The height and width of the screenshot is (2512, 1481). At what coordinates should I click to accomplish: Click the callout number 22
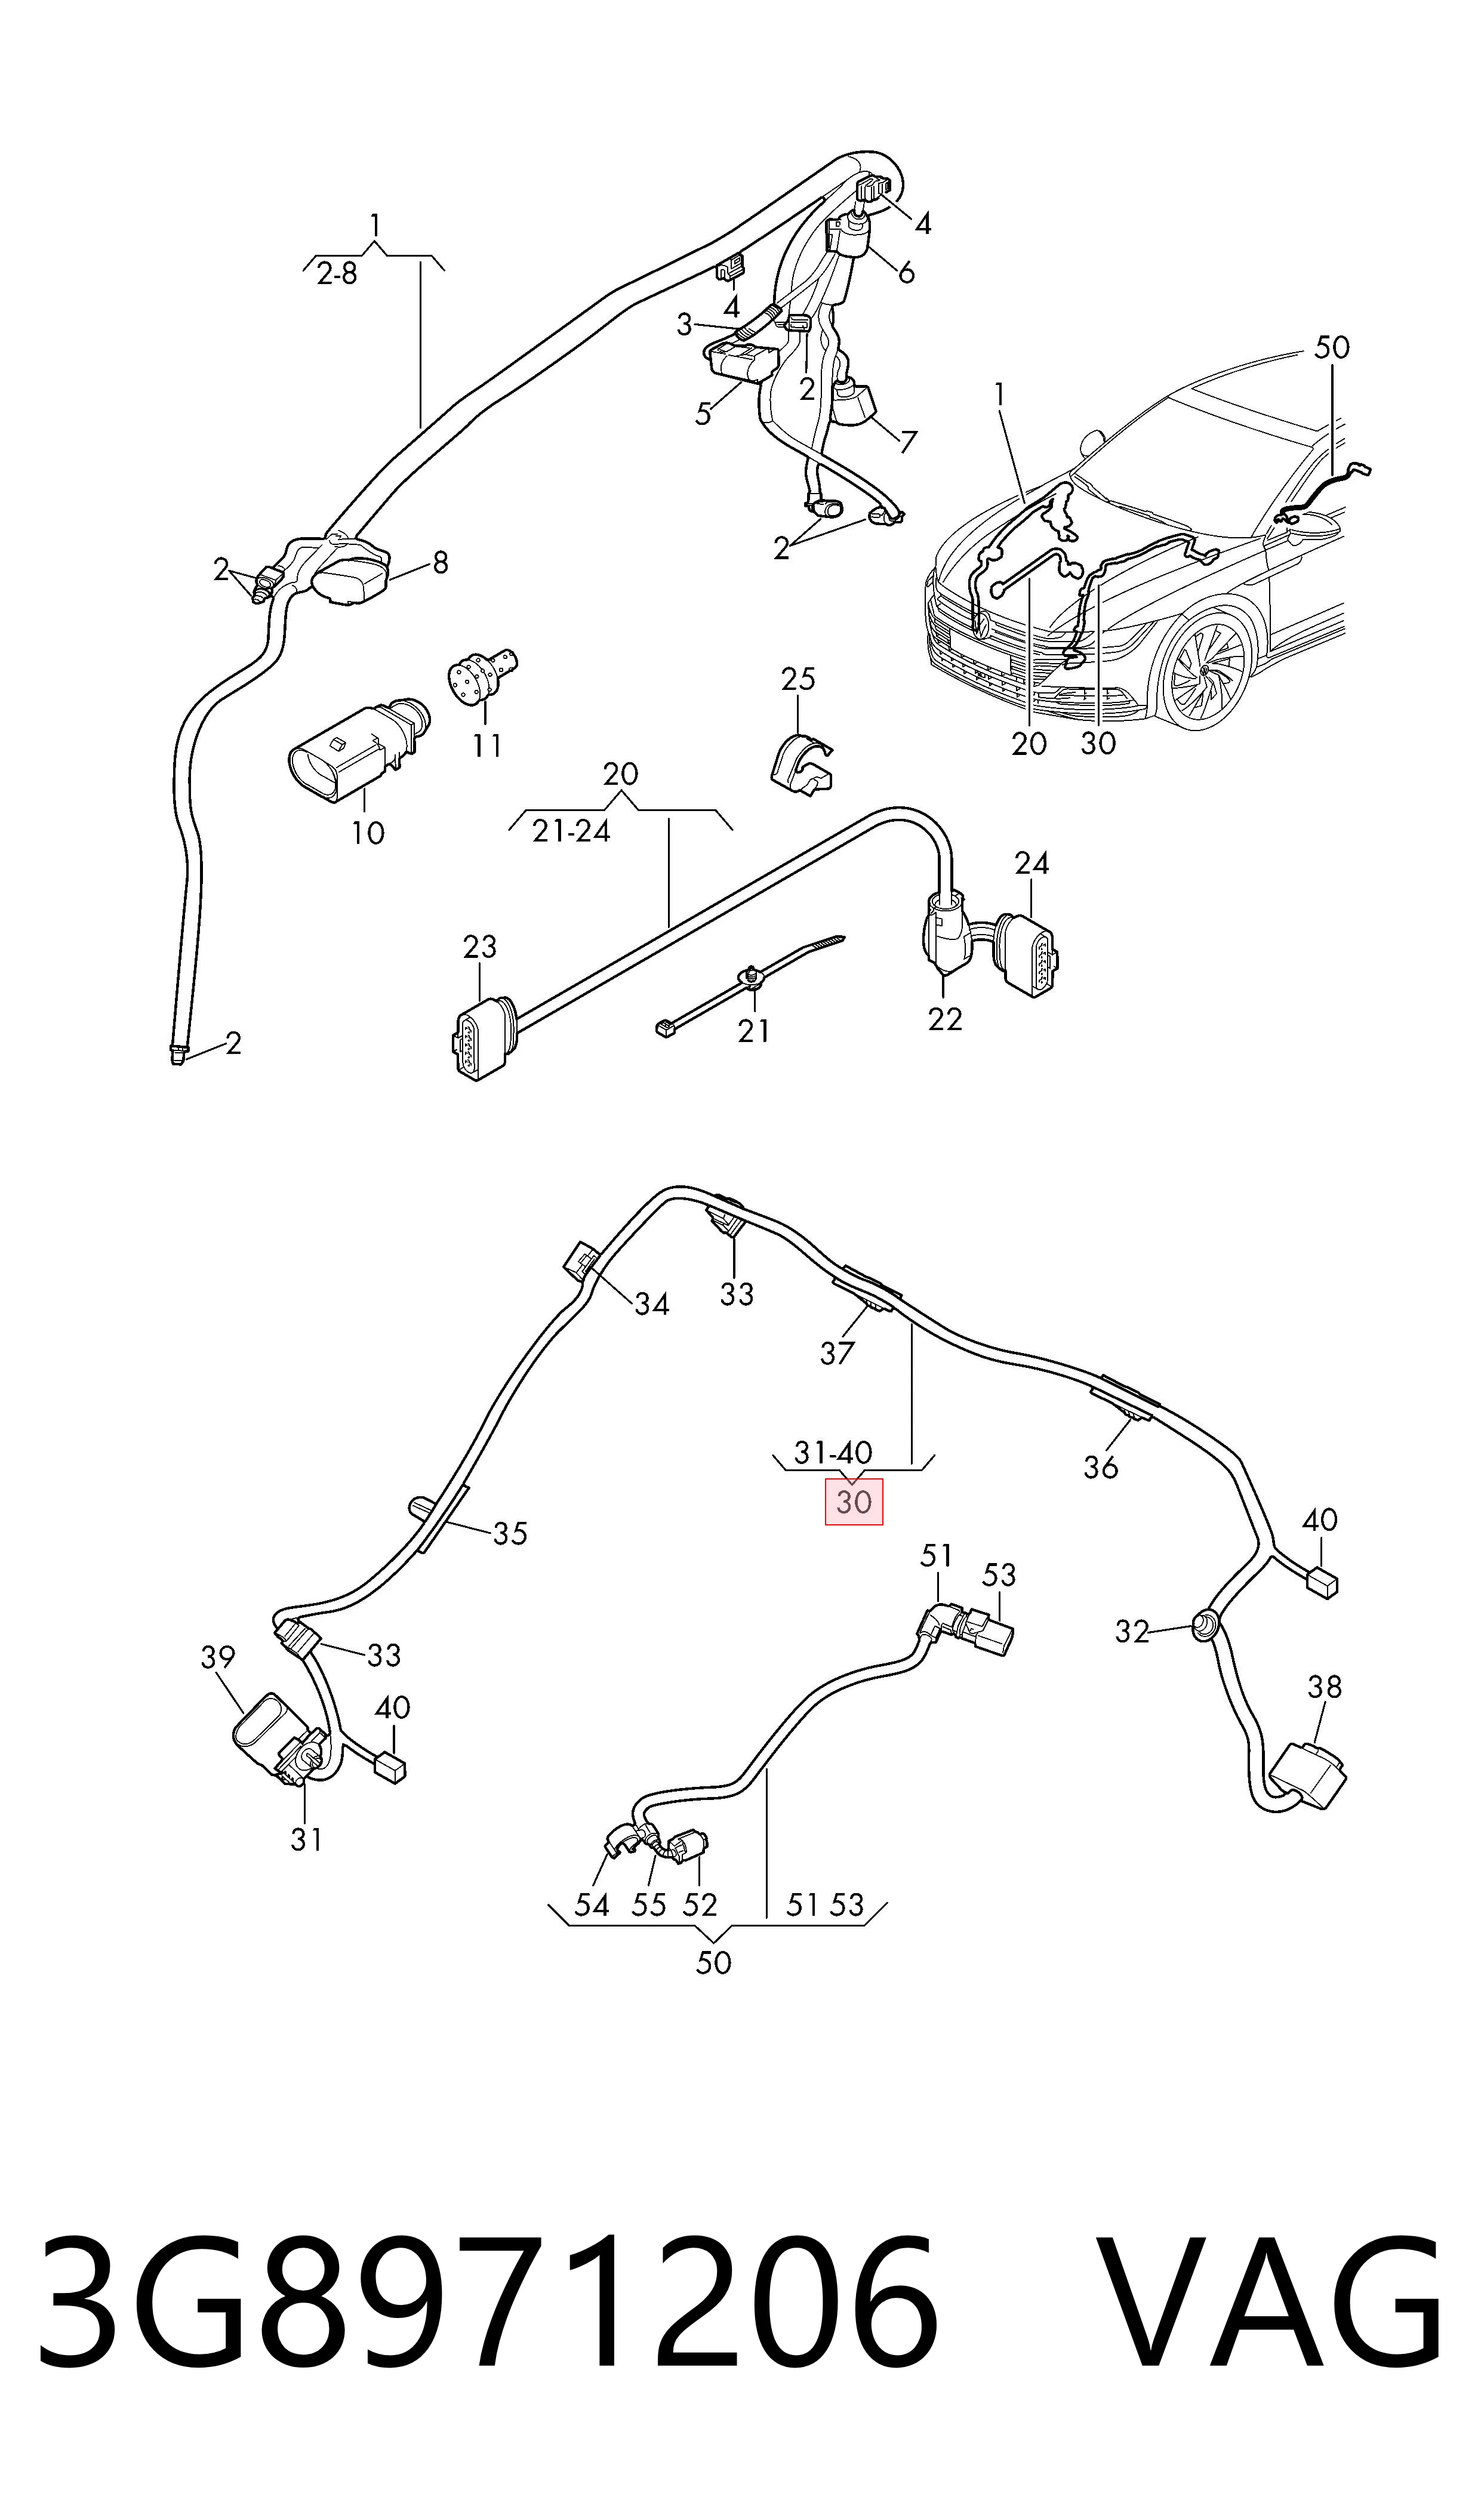pyautogui.click(x=944, y=1019)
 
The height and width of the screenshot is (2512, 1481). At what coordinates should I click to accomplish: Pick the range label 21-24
pyautogui.click(x=571, y=831)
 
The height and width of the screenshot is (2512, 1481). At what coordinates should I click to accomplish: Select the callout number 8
pyautogui.click(x=440, y=563)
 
